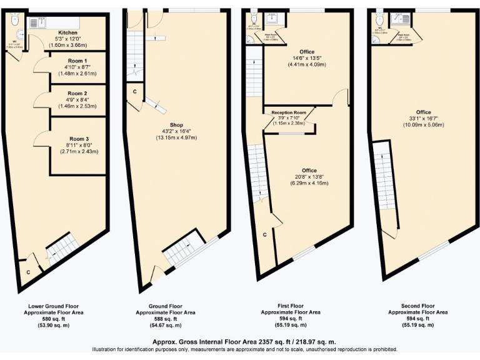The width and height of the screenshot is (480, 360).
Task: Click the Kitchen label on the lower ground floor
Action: tap(67, 32)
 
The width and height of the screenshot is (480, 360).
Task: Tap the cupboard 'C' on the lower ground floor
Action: tap(28, 272)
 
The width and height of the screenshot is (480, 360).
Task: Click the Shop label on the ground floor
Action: tap(175, 124)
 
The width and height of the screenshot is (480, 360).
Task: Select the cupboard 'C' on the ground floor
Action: tap(134, 92)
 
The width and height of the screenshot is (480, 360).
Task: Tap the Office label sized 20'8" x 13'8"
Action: tap(309, 171)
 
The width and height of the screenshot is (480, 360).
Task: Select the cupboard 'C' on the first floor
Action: tap(264, 235)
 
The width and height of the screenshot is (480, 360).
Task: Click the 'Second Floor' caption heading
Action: tap(417, 306)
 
